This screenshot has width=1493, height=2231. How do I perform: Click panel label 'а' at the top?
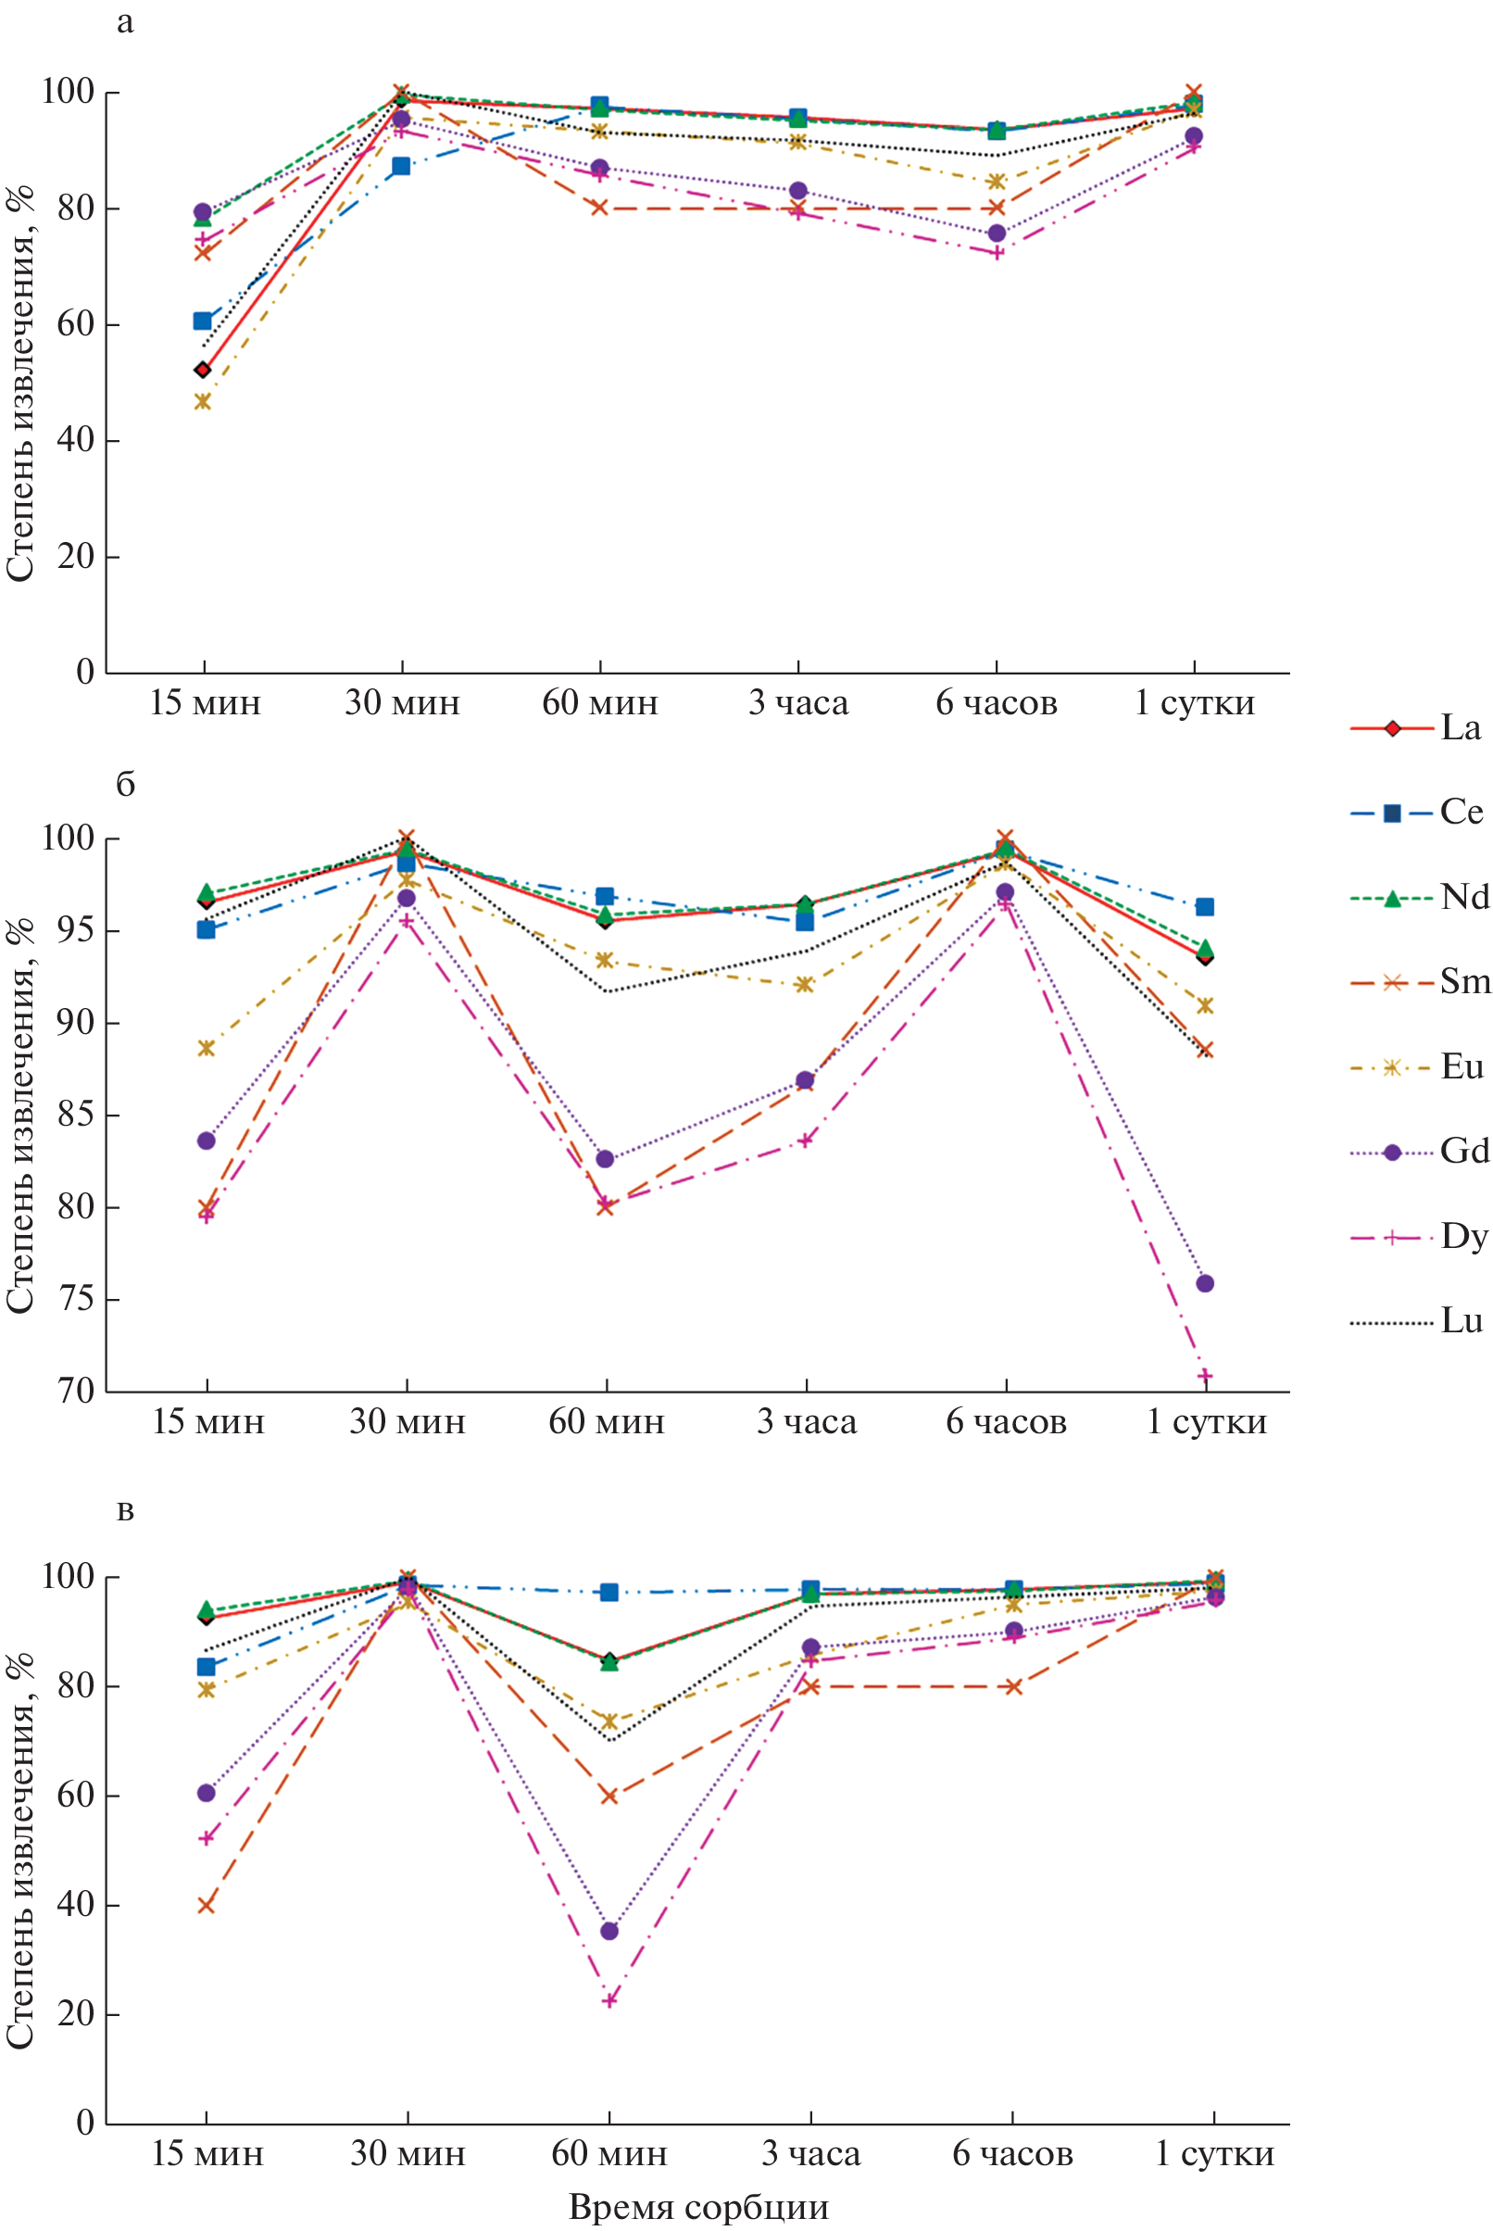coord(125,22)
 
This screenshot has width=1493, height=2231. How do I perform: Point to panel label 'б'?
coord(125,785)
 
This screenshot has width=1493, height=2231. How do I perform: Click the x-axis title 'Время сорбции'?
coord(698,2206)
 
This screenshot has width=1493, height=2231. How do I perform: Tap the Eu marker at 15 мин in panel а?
coord(203,402)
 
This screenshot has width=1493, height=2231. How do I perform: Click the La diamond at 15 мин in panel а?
coord(203,370)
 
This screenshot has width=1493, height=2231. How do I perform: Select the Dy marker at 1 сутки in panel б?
coord(1204,1376)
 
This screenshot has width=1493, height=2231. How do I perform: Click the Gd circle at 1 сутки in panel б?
coord(1204,1283)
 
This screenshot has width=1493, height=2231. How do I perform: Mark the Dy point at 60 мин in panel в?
coord(609,2000)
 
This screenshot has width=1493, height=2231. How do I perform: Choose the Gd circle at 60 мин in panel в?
coord(609,1931)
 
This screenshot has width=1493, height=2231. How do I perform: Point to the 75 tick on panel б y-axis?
coord(75,1300)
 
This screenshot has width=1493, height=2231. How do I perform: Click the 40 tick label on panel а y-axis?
coord(75,441)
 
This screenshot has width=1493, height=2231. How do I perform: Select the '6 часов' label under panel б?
coord(1006,1422)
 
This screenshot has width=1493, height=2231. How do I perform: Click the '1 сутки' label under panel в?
coord(1214,2154)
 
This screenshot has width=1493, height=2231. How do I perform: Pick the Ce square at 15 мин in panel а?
coord(203,321)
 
